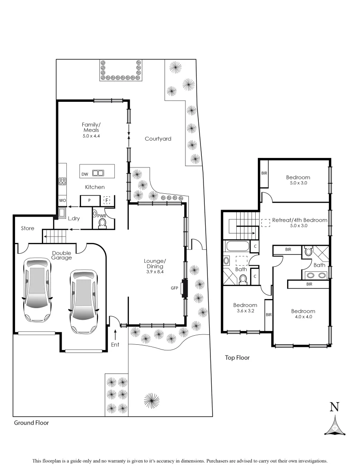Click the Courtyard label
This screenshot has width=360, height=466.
point(158,139)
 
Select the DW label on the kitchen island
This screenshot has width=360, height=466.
point(85,174)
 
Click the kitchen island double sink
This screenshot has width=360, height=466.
point(98,173)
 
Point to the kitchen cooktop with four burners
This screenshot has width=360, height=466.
point(62,181)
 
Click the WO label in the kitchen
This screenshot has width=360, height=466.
point(62,201)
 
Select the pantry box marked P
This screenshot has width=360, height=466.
point(90,201)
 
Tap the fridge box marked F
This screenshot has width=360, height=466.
point(106,201)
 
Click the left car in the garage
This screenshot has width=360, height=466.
point(37,290)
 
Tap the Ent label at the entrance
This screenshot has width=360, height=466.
point(115,344)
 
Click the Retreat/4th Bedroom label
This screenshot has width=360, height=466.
point(300,220)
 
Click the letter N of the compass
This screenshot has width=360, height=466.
point(334,406)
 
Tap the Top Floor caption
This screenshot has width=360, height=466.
point(237,358)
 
